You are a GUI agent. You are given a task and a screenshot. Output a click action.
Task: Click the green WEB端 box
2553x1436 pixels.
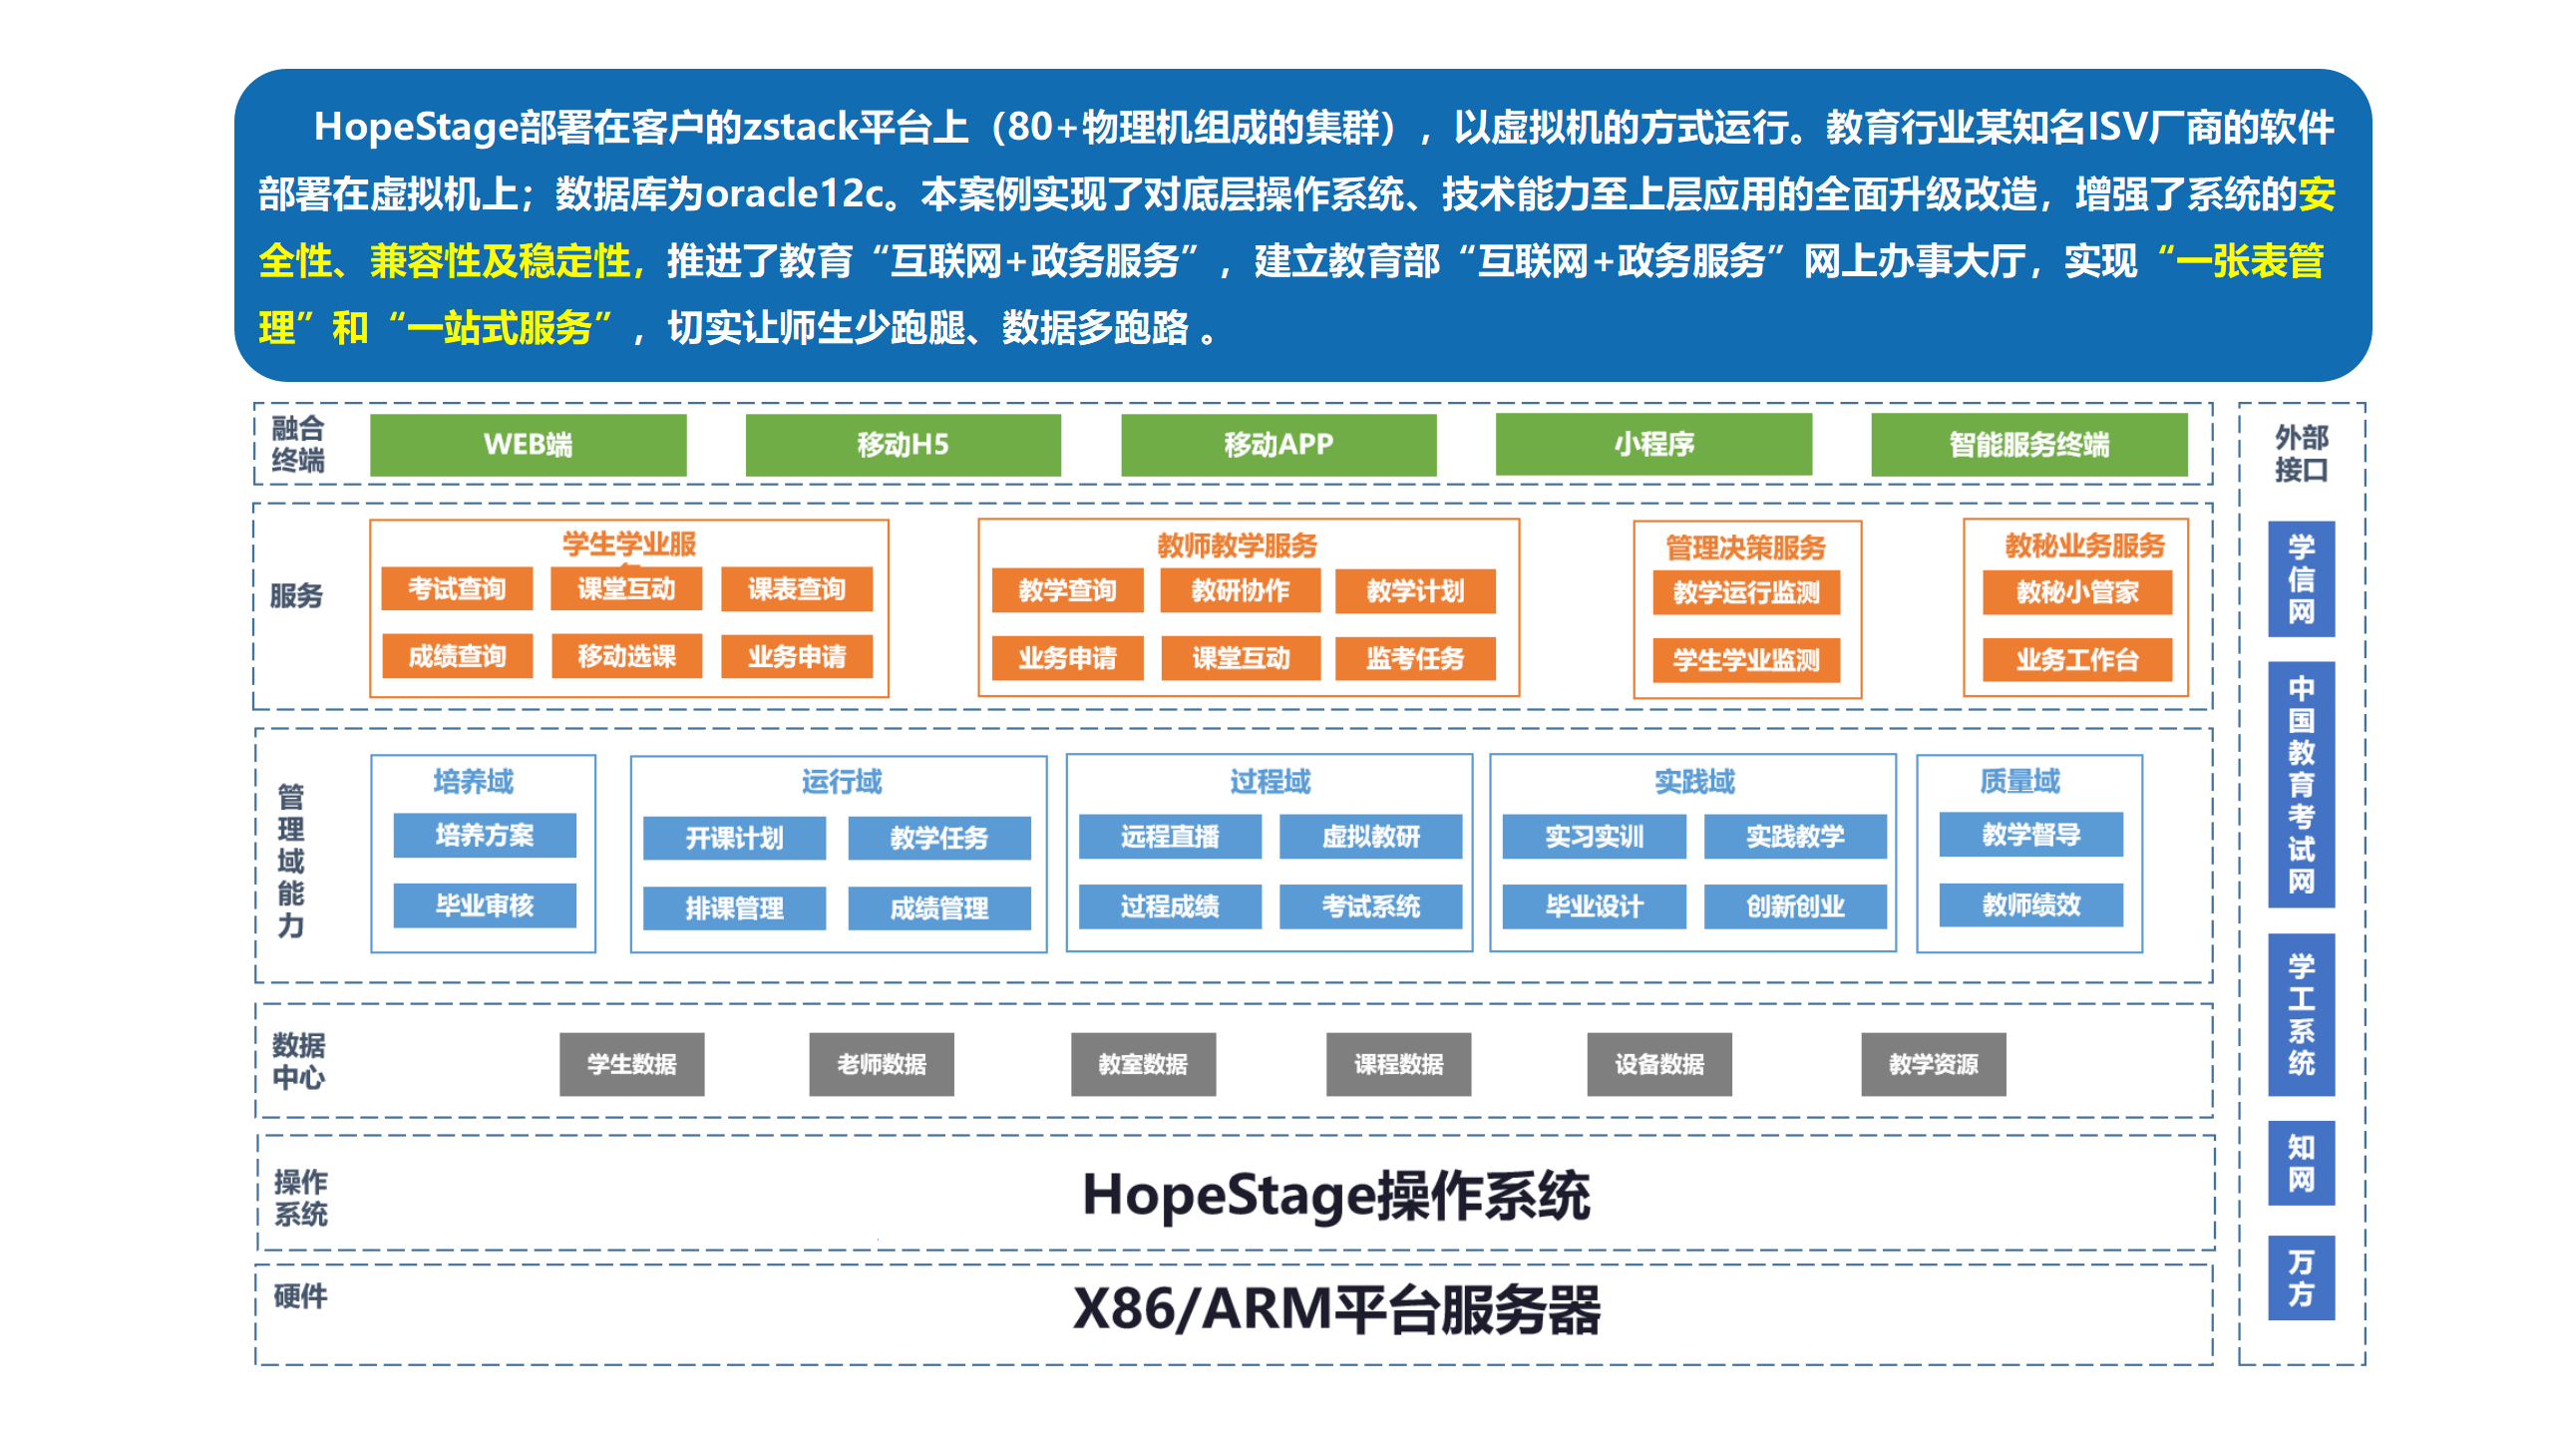click(528, 445)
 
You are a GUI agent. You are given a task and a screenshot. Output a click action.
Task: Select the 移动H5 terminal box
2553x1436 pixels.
click(903, 445)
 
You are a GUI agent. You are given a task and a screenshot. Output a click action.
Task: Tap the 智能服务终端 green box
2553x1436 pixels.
click(2028, 445)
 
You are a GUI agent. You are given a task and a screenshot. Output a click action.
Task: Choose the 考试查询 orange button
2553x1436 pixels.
click(457, 589)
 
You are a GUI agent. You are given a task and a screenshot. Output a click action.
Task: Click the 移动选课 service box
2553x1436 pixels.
click(626, 656)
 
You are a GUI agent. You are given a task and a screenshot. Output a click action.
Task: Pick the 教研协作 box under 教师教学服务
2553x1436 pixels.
click(1240, 591)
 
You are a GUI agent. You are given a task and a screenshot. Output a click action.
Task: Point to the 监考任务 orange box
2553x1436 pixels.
click(1414, 658)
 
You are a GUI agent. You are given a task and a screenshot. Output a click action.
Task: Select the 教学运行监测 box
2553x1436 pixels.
click(1745, 593)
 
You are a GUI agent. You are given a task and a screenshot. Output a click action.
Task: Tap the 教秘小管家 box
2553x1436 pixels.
click(2076, 593)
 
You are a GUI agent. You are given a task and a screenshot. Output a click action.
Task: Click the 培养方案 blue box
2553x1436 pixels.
click(484, 836)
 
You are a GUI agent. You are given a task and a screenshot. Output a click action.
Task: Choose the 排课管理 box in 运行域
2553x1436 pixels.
click(734, 908)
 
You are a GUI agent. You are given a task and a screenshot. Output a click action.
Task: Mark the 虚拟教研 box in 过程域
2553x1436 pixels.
click(1370, 837)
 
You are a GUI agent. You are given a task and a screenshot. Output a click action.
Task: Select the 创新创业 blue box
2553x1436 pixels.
click(1794, 906)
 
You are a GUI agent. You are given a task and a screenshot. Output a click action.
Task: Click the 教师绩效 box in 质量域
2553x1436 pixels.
click(2030, 905)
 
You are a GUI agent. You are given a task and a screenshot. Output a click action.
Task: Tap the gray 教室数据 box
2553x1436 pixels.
click(1143, 1065)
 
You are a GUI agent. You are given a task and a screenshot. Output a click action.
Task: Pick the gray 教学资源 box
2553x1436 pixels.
click(1933, 1065)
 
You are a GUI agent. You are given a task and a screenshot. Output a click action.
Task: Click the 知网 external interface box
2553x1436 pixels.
click(2301, 1164)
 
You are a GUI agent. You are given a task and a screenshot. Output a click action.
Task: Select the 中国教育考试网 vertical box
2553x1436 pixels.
click(2301, 785)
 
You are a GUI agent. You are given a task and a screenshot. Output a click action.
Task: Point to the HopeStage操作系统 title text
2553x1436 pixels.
click(1335, 1196)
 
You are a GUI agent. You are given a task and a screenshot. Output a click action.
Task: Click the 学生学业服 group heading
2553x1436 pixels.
click(628, 544)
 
